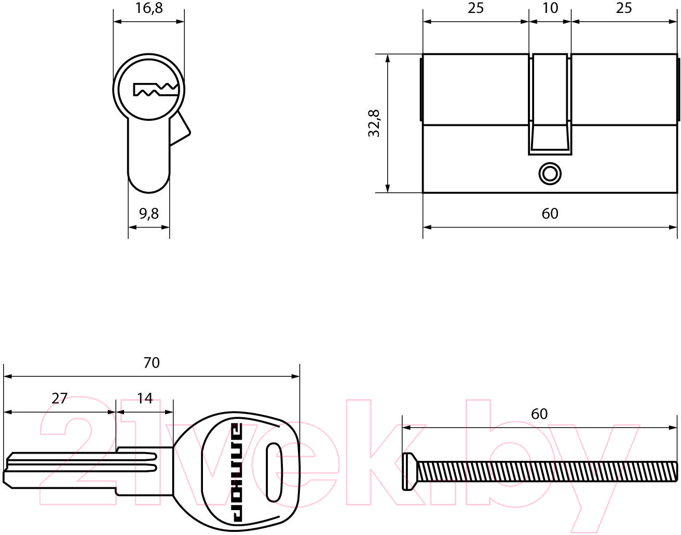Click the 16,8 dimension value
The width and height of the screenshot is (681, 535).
149,8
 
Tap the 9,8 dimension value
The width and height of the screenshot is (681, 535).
149,214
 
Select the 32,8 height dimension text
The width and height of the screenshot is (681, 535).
374,123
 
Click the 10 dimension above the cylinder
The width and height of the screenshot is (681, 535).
550,8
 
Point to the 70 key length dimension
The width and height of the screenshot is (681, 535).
152,363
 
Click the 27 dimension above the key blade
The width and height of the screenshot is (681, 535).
60,399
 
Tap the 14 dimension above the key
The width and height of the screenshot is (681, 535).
145,399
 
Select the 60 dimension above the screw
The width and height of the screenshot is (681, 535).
539,414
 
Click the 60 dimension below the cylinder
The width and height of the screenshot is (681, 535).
550,214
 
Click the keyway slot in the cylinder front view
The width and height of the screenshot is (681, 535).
155,90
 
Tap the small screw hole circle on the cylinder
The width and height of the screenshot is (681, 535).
550,174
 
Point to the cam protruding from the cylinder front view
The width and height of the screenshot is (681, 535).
179,128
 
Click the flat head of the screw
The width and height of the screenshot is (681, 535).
409,471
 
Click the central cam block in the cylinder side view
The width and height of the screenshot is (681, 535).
550,104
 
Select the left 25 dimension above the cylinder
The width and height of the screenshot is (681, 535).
475,8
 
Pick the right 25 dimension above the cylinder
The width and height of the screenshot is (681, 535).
624,8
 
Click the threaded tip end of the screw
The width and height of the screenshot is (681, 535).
676,471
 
